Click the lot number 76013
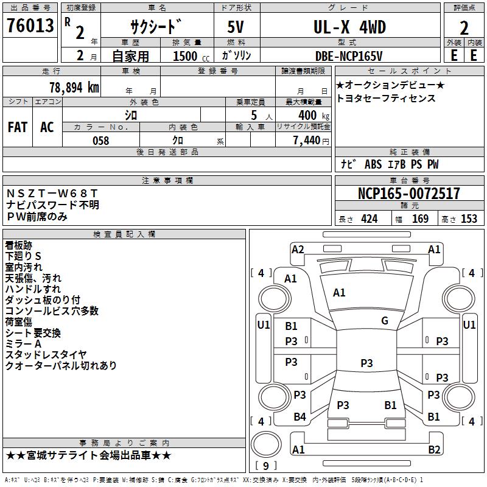coord(29,27)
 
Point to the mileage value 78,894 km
coord(74,88)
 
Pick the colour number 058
coord(100,141)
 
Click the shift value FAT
coord(18,127)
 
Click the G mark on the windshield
coord(384,321)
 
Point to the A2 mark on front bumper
coord(298,249)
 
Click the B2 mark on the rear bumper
coord(434,450)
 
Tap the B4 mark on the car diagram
coord(300,417)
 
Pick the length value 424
coord(368,219)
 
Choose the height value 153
coord(469,219)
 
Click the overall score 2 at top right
coord(464,27)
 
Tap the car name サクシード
coord(156,27)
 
